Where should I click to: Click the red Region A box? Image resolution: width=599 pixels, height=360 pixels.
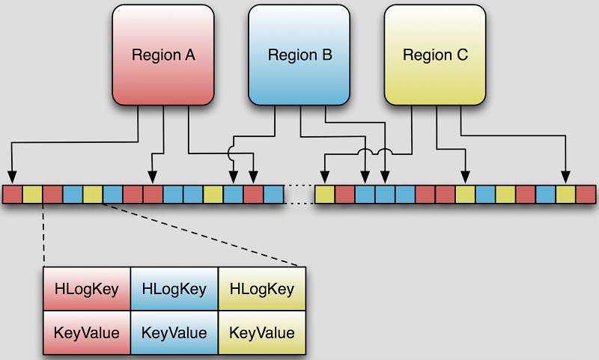point(162,55)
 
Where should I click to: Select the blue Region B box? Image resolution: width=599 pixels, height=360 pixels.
point(299,55)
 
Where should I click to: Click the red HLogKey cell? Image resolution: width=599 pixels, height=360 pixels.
point(87,289)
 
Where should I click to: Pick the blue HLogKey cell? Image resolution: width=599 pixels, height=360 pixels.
point(174,289)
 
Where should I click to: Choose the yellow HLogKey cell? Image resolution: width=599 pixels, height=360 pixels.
point(261,289)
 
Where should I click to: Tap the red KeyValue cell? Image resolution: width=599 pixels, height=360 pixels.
point(87,332)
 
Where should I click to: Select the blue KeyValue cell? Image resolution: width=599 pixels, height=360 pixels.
point(174,332)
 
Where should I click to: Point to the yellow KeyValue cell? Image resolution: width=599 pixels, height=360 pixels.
point(261,332)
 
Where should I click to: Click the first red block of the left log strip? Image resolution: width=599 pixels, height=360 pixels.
point(13,195)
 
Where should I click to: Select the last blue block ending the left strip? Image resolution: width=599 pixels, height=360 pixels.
point(273,195)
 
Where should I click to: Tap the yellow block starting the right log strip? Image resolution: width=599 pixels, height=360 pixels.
point(324,195)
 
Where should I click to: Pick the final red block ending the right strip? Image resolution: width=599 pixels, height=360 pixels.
point(586,195)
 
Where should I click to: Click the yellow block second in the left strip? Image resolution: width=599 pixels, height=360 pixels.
point(33,195)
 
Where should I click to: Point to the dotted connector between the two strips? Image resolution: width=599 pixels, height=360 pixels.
point(299,195)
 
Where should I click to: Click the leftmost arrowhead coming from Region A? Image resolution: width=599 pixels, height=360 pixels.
point(13,177)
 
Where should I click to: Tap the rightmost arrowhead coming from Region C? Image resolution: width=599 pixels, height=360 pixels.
point(566,177)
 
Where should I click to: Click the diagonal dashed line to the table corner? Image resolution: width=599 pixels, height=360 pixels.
point(202,234)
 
